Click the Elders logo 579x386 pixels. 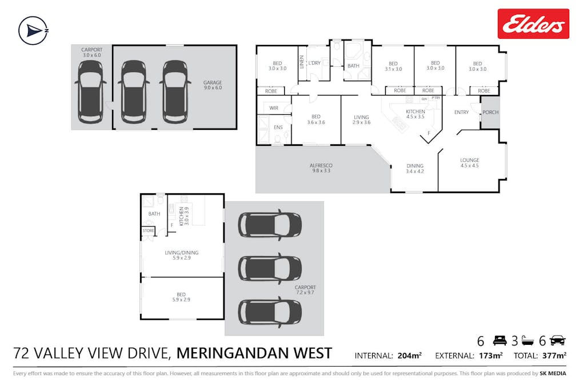[x=533, y=24]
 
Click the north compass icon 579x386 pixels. [x=33, y=30]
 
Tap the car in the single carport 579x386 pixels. [x=91, y=91]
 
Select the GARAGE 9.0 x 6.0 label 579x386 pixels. [x=212, y=86]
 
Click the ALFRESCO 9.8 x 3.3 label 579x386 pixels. [x=322, y=168]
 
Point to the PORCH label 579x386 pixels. [x=490, y=112]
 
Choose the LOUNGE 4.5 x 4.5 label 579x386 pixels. [x=469, y=164]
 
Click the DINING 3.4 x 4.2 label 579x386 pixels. [x=415, y=169]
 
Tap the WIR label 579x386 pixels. [x=273, y=108]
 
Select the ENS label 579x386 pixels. [x=278, y=128]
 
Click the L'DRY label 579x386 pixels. [x=314, y=63]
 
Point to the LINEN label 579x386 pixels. [x=302, y=62]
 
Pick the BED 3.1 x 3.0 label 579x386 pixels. [x=393, y=66]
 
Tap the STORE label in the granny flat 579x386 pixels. [x=149, y=231]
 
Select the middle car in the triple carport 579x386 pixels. [x=269, y=267]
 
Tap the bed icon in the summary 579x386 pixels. [x=500, y=341]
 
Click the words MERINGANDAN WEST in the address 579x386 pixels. [x=254, y=353]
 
